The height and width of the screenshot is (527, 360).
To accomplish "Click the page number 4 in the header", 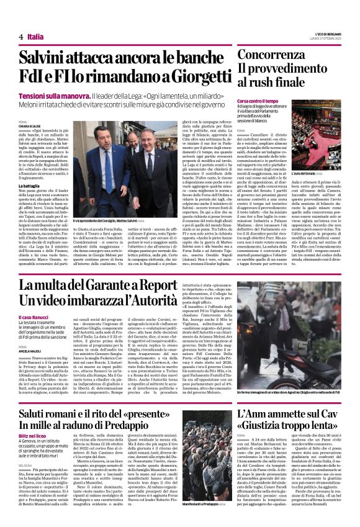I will tap(21, 37).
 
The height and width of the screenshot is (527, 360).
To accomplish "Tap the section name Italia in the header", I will tap(35, 37).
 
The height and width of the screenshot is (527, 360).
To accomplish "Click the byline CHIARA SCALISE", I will tap(30, 126).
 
